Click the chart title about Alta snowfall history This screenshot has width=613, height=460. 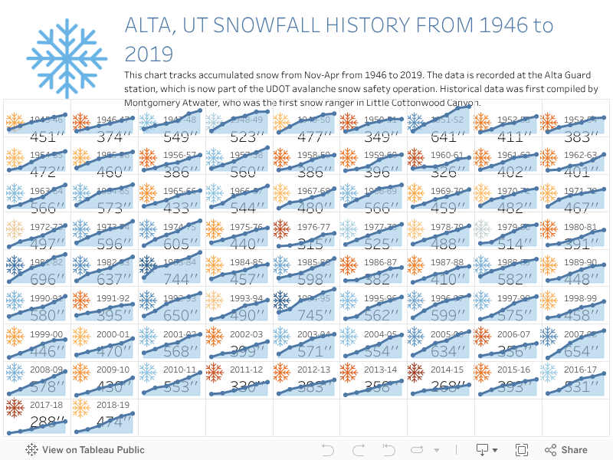339,39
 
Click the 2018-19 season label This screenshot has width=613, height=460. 112,403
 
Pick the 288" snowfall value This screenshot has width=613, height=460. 44,422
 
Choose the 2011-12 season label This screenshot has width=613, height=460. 246,369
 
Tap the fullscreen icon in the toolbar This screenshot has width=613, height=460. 522,450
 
